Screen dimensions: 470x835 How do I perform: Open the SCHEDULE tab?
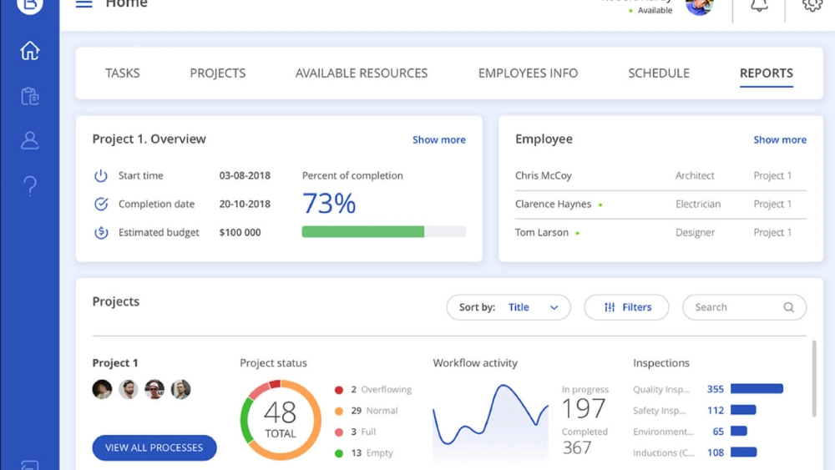(658, 73)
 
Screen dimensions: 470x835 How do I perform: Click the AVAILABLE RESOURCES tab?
(361, 73)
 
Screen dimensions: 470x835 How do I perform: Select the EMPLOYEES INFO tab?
(528, 73)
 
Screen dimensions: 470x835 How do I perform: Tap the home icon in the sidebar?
(30, 51)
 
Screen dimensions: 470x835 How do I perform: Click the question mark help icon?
(30, 184)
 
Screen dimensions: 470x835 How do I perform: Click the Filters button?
(626, 307)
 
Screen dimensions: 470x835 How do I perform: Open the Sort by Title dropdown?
(509, 307)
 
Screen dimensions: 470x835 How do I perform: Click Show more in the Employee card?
(779, 139)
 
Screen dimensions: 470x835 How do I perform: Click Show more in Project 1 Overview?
(438, 139)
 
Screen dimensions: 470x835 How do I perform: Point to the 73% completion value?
(329, 204)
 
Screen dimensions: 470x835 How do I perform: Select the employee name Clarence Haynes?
(553, 204)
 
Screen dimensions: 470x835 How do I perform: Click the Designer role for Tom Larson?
(695, 232)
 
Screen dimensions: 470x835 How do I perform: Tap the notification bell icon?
(759, 6)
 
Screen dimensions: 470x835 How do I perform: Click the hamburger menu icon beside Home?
(83, 4)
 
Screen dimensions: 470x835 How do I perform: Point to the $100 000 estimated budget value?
(240, 232)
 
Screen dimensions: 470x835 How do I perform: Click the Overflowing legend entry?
(381, 389)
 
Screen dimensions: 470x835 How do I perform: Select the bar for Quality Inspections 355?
(757, 388)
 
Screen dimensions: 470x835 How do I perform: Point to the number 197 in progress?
(584, 408)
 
